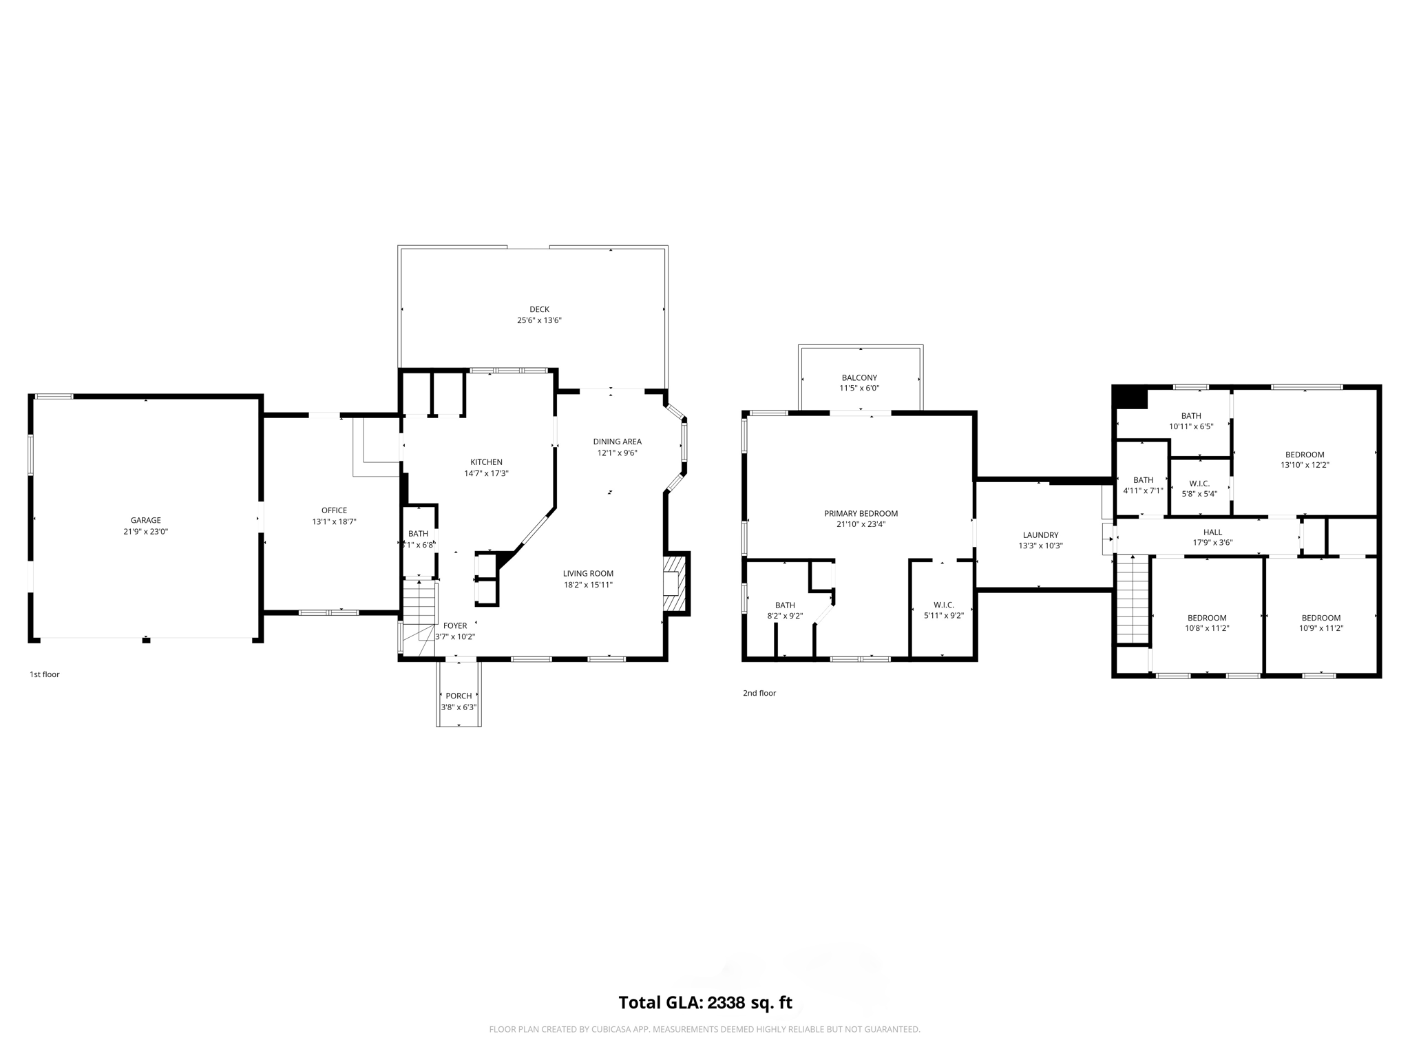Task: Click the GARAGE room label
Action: [145, 520]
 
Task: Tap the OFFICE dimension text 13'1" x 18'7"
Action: [334, 522]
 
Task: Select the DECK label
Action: [539, 309]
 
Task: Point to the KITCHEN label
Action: [486, 462]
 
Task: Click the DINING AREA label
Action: [617, 442]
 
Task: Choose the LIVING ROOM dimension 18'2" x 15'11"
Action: [587, 585]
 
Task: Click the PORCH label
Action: [459, 696]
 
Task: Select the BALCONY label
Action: [859, 377]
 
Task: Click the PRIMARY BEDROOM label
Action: [861, 513]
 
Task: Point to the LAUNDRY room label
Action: [1040, 535]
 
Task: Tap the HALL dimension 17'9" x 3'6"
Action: [1212, 543]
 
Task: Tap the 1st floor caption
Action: [45, 674]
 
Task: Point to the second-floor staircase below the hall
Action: [1133, 599]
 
